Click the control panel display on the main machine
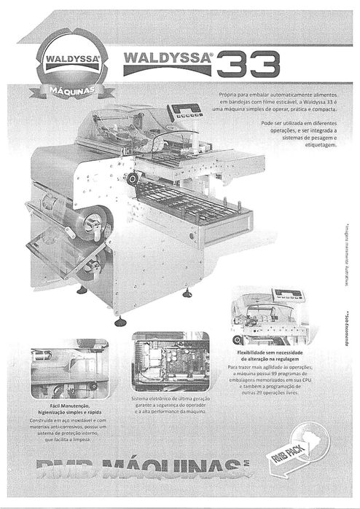[x=185, y=111]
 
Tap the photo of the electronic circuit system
[x=170, y=362]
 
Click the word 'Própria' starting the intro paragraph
[x=229, y=95]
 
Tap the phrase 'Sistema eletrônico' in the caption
[x=150, y=399]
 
